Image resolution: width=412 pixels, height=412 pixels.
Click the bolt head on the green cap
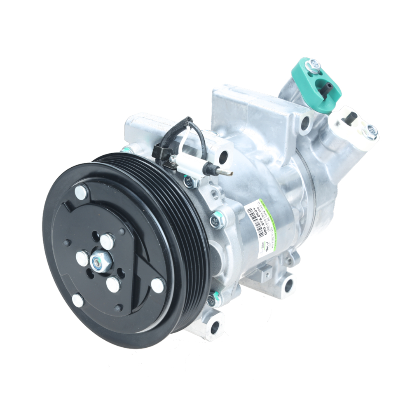click(314, 65)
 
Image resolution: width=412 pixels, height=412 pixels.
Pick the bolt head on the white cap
click(371, 131)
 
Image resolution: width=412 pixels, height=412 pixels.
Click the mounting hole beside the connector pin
click(223, 157)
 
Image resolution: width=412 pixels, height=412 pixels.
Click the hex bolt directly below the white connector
click(190, 181)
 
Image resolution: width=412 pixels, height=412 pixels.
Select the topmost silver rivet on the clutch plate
click(81, 192)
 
